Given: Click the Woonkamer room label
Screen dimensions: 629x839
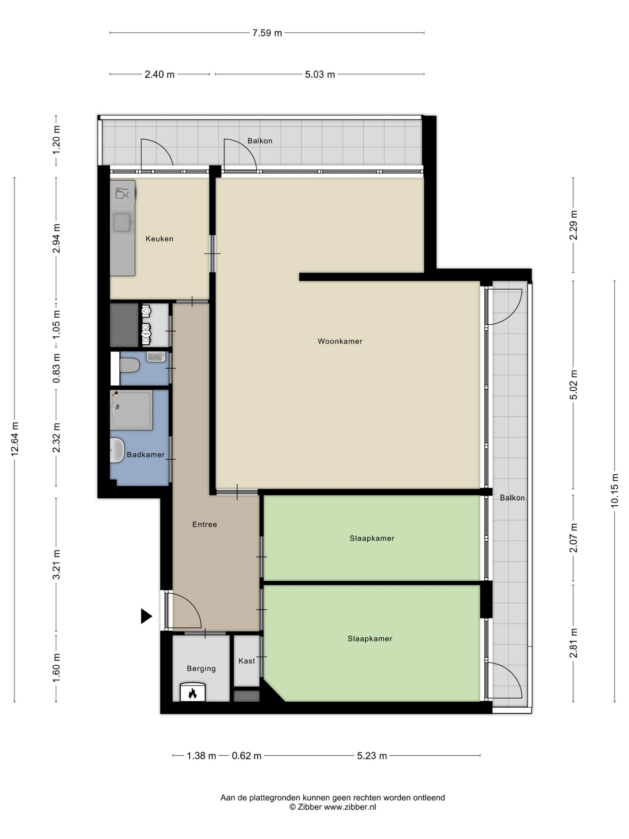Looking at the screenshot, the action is point(340,341).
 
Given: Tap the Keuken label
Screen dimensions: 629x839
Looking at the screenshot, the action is point(159,238).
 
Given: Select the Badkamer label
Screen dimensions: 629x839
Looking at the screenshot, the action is point(146,454).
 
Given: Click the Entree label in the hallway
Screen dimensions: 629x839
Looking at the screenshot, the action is point(204,524).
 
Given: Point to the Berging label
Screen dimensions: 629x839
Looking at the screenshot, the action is point(201,668).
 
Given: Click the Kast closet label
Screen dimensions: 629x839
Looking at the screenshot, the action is point(247,661).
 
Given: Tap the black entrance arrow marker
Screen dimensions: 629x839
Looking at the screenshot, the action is point(146,616).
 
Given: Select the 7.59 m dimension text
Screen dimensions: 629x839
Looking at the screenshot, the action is point(267,33).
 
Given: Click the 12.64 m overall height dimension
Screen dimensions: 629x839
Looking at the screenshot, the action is point(15,439).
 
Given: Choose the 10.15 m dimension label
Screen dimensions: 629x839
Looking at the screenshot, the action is point(614,490).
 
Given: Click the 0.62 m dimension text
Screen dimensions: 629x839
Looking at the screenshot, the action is point(247,756).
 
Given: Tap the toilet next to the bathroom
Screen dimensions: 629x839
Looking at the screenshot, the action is point(130,366).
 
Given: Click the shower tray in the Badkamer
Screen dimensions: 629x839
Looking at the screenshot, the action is point(131,410).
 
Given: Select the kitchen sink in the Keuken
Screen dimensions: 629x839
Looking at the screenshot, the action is point(122,222).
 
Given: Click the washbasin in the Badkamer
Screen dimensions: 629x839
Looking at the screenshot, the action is point(117,450).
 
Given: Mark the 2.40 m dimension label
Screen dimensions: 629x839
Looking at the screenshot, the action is point(159,74).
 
